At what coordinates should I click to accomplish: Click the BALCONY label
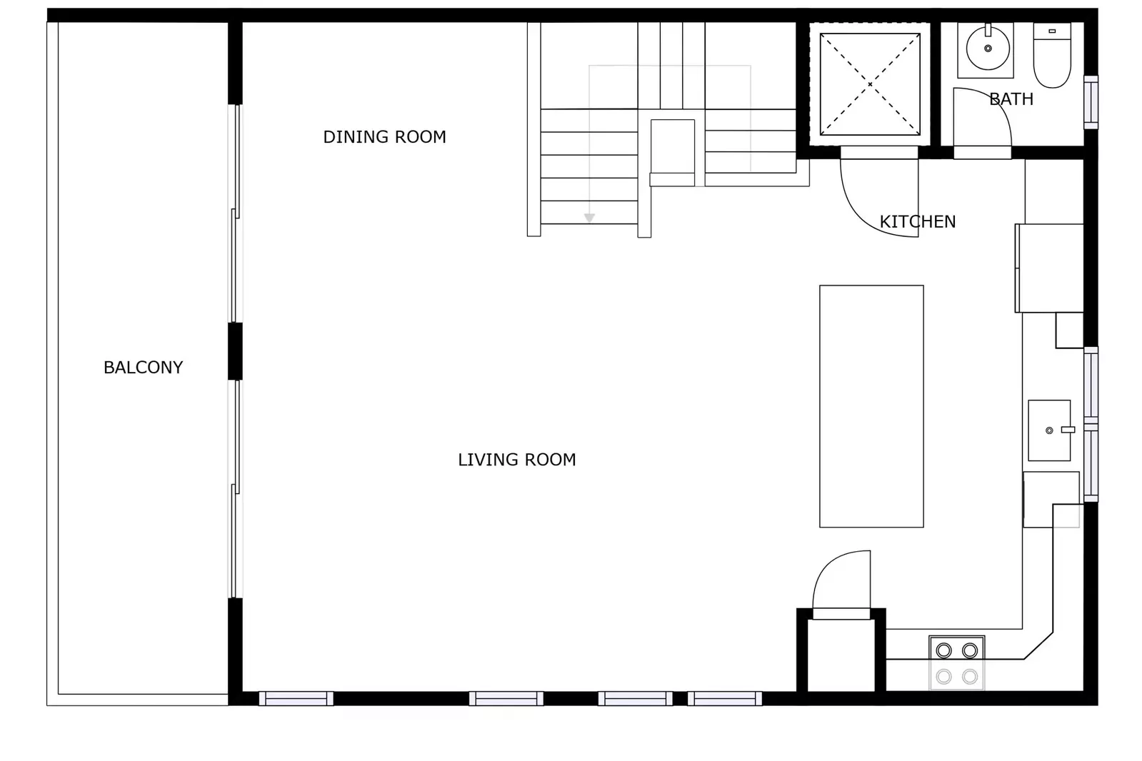(143, 368)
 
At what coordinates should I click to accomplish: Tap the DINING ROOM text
(384, 137)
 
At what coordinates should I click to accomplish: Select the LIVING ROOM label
(516, 460)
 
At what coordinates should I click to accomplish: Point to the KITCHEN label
(917, 222)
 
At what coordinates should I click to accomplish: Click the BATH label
(1011, 99)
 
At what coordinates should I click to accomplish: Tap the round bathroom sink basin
(988, 49)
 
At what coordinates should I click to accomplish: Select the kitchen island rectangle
(871, 406)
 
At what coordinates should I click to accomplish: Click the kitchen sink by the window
(1048, 430)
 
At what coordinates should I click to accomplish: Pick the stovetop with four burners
(956, 663)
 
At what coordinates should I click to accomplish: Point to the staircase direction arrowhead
(589, 218)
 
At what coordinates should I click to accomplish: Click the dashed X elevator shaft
(869, 84)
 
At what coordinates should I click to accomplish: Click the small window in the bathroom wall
(1091, 102)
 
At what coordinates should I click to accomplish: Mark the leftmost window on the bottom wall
(296, 698)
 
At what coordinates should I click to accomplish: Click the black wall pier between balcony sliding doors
(235, 351)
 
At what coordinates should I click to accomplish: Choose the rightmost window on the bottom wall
(724, 698)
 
